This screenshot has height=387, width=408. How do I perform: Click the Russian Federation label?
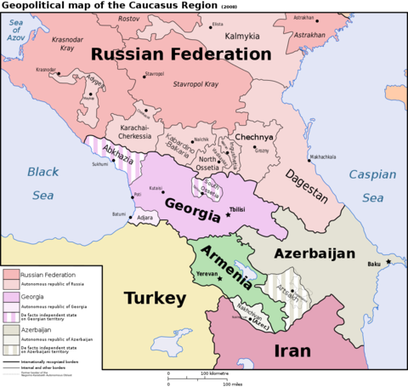pyautogui.click(x=181, y=54)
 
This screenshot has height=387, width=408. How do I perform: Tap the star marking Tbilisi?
pyautogui.click(x=228, y=214)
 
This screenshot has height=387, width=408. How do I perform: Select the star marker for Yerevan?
pyautogui.click(x=219, y=278)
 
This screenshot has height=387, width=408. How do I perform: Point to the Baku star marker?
pyautogui.click(x=388, y=261)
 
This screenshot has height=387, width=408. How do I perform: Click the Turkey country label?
pyautogui.click(x=155, y=299)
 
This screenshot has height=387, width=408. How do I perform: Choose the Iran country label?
pyautogui.click(x=292, y=350)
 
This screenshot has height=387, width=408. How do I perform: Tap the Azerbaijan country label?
pyautogui.click(x=314, y=253)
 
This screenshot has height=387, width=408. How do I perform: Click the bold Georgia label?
pyautogui.click(x=192, y=207)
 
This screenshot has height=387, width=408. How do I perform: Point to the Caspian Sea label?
pyautogui.click(x=372, y=185)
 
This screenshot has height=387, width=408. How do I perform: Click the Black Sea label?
pyautogui.click(x=42, y=183)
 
